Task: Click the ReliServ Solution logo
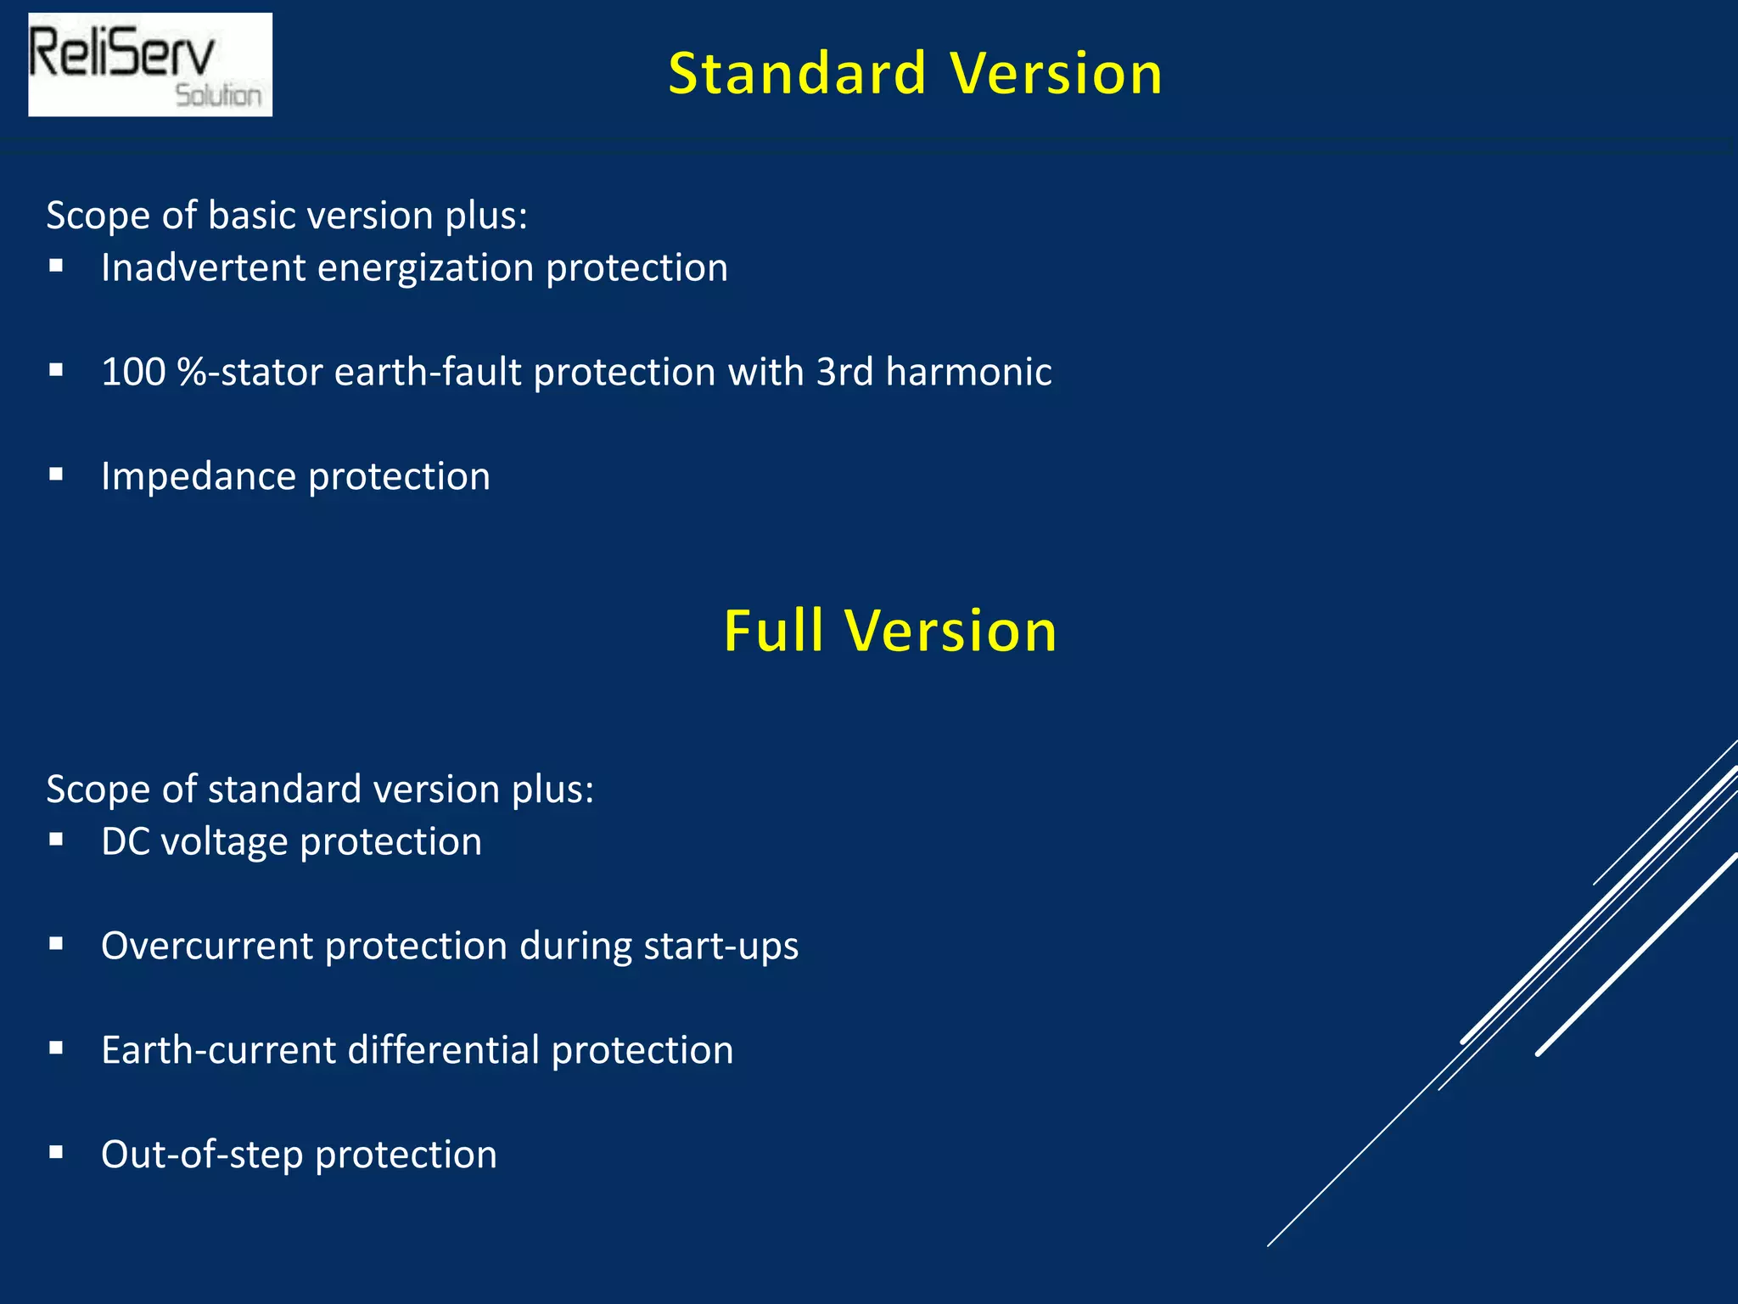150,65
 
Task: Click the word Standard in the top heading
797,74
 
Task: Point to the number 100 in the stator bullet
133,372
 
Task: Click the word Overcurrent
206,946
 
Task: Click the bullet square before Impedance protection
56,475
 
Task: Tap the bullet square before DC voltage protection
56,840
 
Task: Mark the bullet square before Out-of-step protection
56,1152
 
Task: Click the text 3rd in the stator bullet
844,372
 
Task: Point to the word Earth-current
218,1050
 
